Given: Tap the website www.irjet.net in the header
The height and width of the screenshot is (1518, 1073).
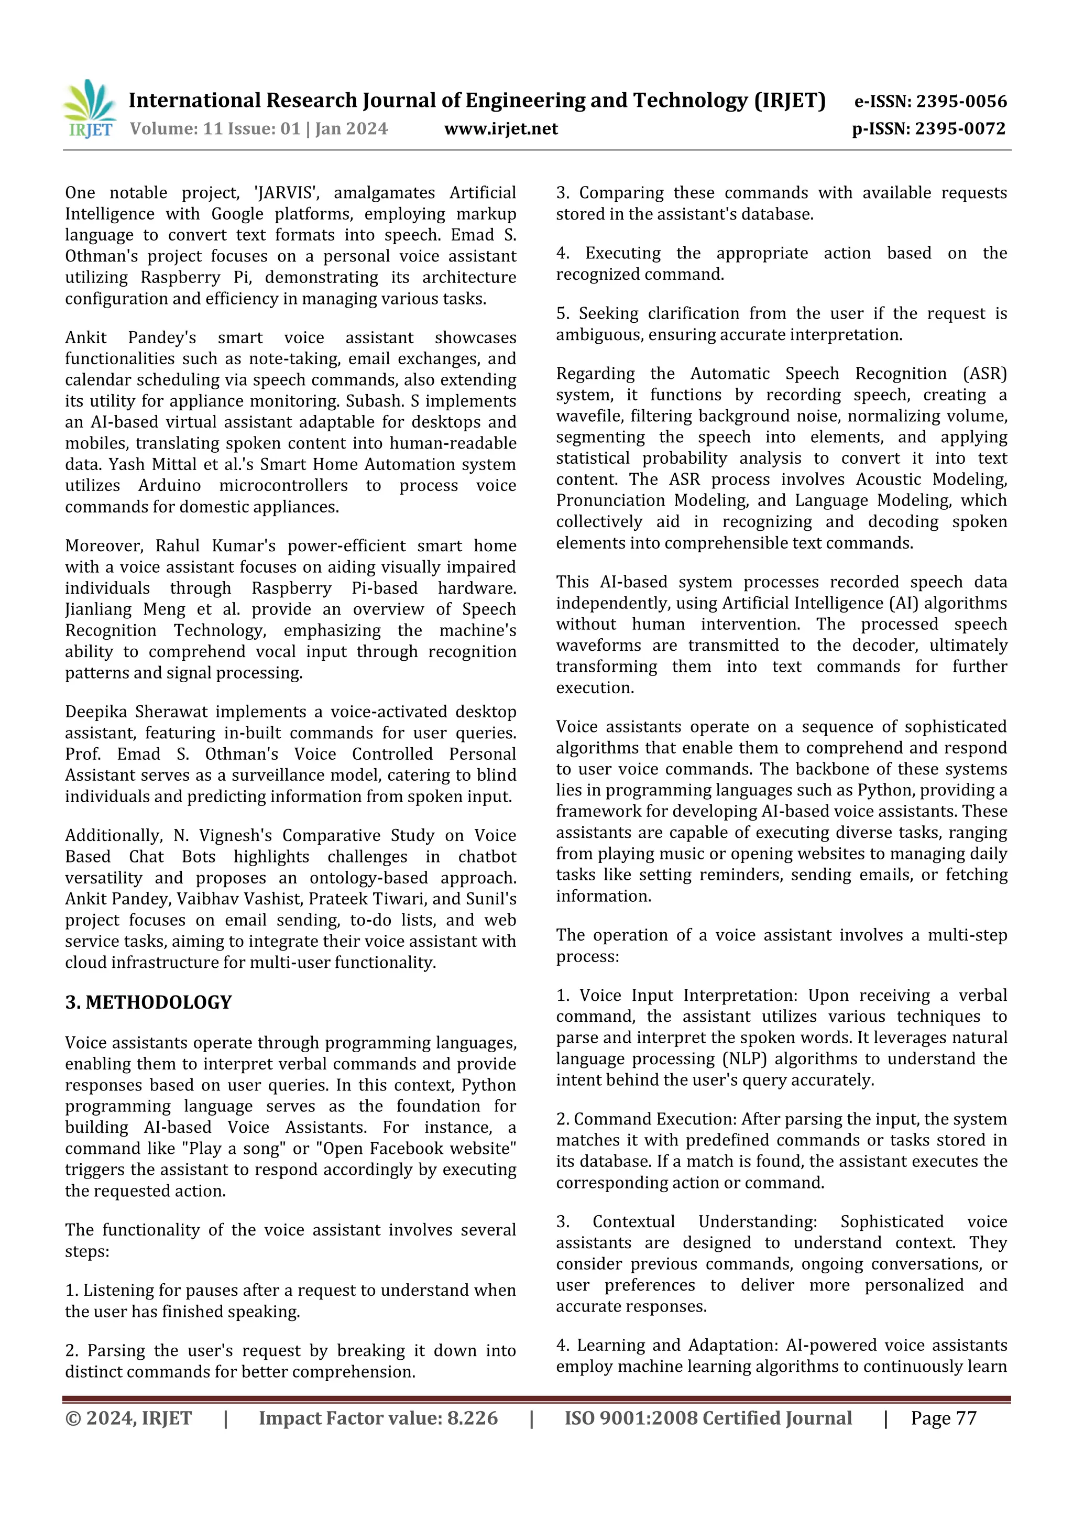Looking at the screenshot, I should point(500,129).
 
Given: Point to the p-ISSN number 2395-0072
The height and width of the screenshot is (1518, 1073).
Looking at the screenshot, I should point(960,129).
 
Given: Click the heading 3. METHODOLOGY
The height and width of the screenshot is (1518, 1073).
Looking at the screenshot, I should point(148,1002).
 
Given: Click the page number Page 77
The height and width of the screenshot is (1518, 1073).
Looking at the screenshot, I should point(944,1418).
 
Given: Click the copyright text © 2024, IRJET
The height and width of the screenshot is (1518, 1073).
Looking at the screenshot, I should point(128,1418).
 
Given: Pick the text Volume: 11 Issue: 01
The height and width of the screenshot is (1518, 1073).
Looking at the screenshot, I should point(215,129).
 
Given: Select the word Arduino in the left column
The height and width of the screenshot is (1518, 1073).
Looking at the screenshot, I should point(169,485).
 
